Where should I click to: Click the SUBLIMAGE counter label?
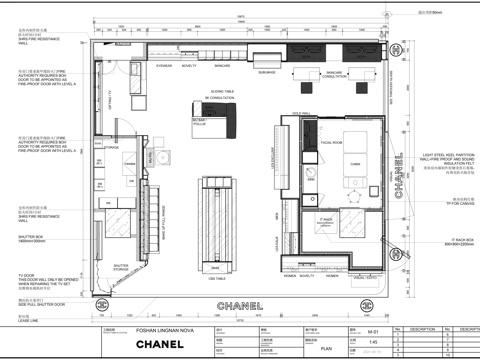[x=266, y=73]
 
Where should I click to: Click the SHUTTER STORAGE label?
[x=120, y=267]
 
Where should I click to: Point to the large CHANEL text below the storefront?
[x=240, y=305]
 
